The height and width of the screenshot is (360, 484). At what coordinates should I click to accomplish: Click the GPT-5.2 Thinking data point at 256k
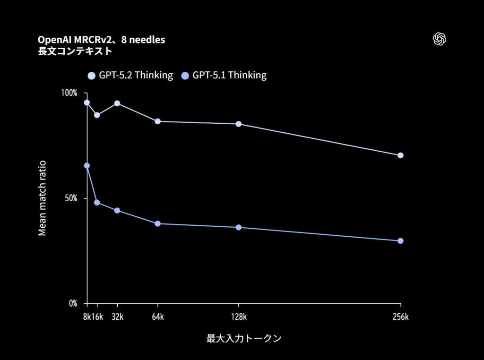click(x=400, y=155)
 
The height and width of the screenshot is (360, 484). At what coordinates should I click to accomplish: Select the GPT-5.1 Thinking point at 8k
click(x=86, y=166)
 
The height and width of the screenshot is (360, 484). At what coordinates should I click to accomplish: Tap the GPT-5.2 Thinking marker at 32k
click(x=117, y=103)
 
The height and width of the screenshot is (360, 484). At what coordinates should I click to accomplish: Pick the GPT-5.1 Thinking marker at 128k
click(x=239, y=227)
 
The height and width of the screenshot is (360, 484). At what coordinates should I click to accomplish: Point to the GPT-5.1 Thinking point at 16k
click(x=97, y=202)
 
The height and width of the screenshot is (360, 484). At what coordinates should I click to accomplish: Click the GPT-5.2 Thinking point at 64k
click(x=158, y=121)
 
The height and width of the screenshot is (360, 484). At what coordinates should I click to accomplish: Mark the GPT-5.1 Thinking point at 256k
click(x=400, y=241)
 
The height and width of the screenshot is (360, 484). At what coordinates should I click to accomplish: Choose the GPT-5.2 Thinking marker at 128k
click(x=239, y=124)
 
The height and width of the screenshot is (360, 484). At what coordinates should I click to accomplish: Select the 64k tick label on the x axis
click(x=158, y=317)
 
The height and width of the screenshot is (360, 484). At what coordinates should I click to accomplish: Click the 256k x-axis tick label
click(x=400, y=317)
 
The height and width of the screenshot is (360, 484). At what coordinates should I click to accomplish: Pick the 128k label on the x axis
click(x=239, y=317)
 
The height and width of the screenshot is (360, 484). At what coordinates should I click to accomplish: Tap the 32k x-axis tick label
click(x=117, y=317)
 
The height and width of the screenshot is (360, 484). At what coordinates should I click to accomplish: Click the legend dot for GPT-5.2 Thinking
click(x=92, y=75)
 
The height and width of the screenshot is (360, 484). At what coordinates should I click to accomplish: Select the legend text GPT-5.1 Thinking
click(x=229, y=75)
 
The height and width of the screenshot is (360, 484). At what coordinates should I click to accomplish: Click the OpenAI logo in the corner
click(x=440, y=39)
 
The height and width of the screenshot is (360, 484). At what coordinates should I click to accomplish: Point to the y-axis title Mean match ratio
click(x=43, y=198)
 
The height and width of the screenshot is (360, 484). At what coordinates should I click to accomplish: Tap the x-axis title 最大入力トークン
click(x=244, y=339)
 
